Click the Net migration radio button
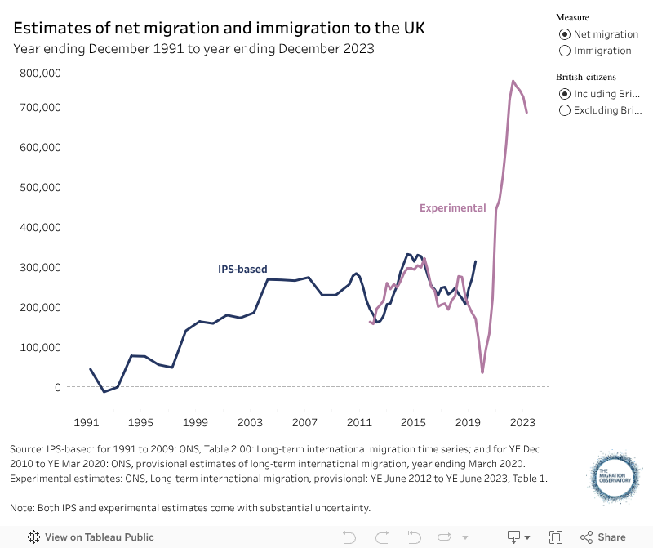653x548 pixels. pos(564,34)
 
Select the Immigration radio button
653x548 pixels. pos(564,51)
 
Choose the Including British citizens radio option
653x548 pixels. pos(564,94)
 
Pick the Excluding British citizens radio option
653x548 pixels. pos(564,110)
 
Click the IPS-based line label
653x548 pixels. pos(242,270)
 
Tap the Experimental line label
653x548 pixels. pos(452,208)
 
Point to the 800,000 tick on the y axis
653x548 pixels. pos(40,73)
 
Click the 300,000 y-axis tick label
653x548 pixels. pos(40,268)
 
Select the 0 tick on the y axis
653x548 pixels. pos(58,387)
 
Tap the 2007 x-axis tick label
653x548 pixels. pos(304,423)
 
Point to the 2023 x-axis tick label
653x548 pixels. pos(522,423)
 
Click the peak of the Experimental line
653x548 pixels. pos(513,81)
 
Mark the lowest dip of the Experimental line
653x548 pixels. pos(482,372)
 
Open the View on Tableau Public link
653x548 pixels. pos(91,537)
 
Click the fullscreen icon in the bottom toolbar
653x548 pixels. pos(556,537)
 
